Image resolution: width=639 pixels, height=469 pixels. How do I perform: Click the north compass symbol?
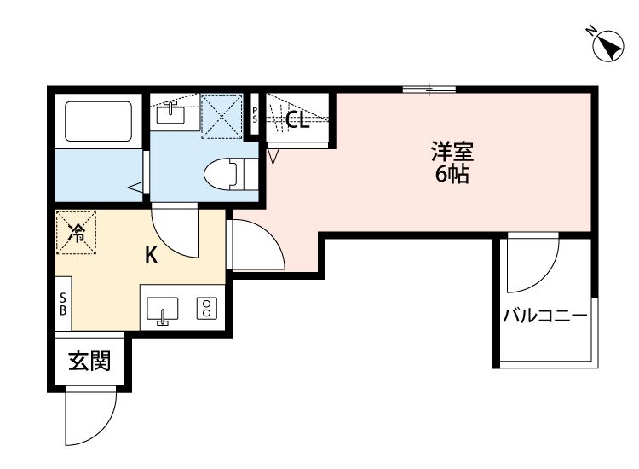(x=606, y=45)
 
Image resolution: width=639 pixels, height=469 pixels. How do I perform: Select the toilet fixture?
(x=225, y=171)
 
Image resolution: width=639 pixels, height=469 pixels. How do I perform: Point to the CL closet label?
(x=296, y=120)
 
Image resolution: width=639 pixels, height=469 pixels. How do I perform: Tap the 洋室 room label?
(x=452, y=154)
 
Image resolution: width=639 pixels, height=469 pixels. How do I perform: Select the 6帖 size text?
(x=452, y=177)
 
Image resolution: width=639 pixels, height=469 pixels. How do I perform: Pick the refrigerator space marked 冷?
(x=77, y=232)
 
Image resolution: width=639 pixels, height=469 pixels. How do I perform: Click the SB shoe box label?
(x=63, y=304)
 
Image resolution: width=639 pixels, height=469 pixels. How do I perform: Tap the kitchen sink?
(x=164, y=310)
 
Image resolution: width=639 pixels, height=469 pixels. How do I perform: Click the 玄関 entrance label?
(x=89, y=362)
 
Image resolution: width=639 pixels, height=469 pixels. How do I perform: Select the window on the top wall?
(x=429, y=88)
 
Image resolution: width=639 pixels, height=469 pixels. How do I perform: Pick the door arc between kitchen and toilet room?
(x=176, y=230)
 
